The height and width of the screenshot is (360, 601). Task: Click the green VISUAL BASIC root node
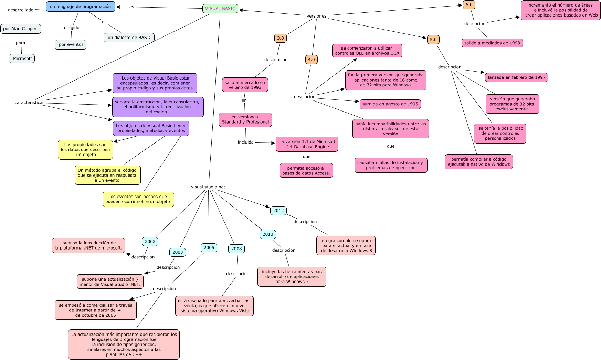[220, 9]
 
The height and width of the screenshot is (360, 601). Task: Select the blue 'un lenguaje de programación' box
[81, 6]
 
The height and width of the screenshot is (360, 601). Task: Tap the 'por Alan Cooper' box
[20, 29]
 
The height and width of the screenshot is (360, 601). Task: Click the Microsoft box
[22, 59]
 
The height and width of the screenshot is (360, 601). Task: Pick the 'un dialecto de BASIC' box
[129, 38]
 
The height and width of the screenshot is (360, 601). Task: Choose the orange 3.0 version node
[281, 38]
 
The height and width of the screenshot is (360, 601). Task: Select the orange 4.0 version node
[311, 60]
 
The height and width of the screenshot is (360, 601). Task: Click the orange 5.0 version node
[433, 40]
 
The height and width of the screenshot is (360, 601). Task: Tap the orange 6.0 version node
[469, 5]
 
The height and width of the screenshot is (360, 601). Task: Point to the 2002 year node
[150, 242]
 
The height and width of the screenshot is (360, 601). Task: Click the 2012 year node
[278, 211]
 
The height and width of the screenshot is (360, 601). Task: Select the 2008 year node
[236, 249]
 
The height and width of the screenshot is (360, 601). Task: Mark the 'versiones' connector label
[316, 16]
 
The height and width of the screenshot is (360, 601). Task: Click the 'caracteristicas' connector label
[30, 103]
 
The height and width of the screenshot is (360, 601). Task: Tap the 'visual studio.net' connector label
[208, 187]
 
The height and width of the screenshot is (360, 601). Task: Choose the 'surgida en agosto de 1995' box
[390, 104]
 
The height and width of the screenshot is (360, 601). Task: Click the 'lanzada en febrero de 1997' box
[516, 77]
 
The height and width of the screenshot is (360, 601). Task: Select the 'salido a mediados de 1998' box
[492, 43]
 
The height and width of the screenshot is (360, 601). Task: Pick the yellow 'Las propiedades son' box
[85, 150]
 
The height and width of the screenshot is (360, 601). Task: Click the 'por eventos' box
[71, 45]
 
